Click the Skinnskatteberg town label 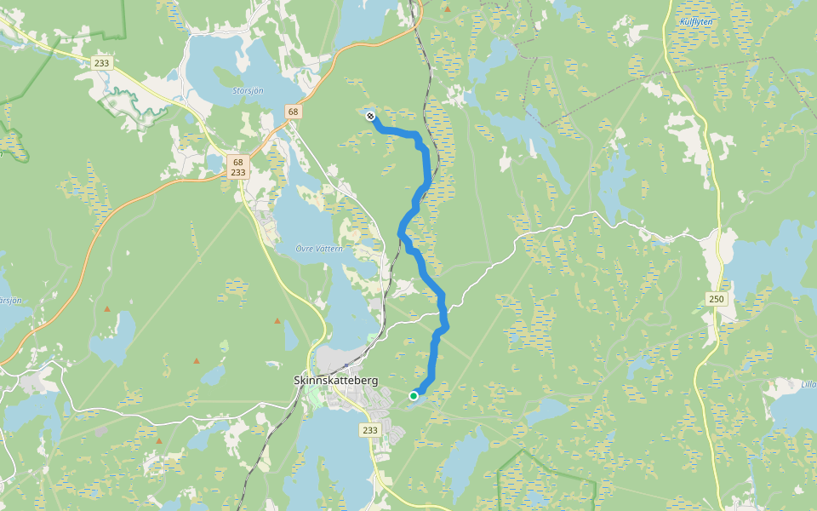(335, 380)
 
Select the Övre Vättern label (318, 248)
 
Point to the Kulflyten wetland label (694, 21)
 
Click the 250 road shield (716, 298)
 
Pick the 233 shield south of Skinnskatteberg (369, 430)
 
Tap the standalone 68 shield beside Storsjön (293, 112)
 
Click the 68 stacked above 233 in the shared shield (237, 162)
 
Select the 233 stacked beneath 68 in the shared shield (237, 172)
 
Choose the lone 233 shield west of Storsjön (102, 63)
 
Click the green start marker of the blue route (414, 395)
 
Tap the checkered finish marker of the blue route (370, 116)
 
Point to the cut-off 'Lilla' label (808, 384)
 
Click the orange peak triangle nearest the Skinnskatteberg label (277, 320)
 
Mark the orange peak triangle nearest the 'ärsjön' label (107, 308)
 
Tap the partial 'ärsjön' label (9, 300)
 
